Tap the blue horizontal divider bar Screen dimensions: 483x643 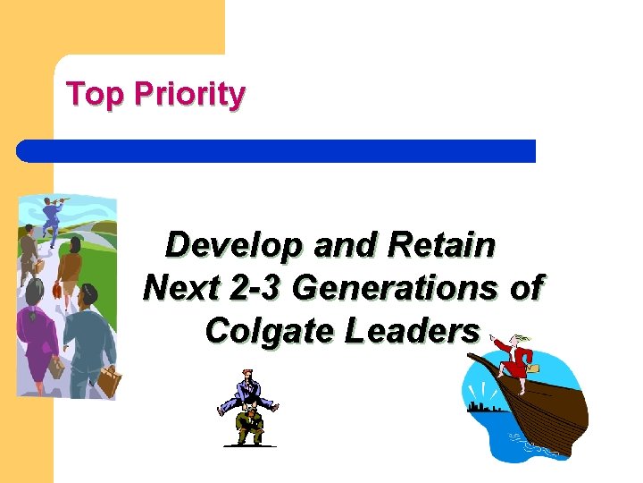click(277, 151)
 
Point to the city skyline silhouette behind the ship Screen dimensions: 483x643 click(488, 407)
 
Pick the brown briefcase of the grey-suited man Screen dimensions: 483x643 click(109, 382)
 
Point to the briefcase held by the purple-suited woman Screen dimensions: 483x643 click(57, 367)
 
